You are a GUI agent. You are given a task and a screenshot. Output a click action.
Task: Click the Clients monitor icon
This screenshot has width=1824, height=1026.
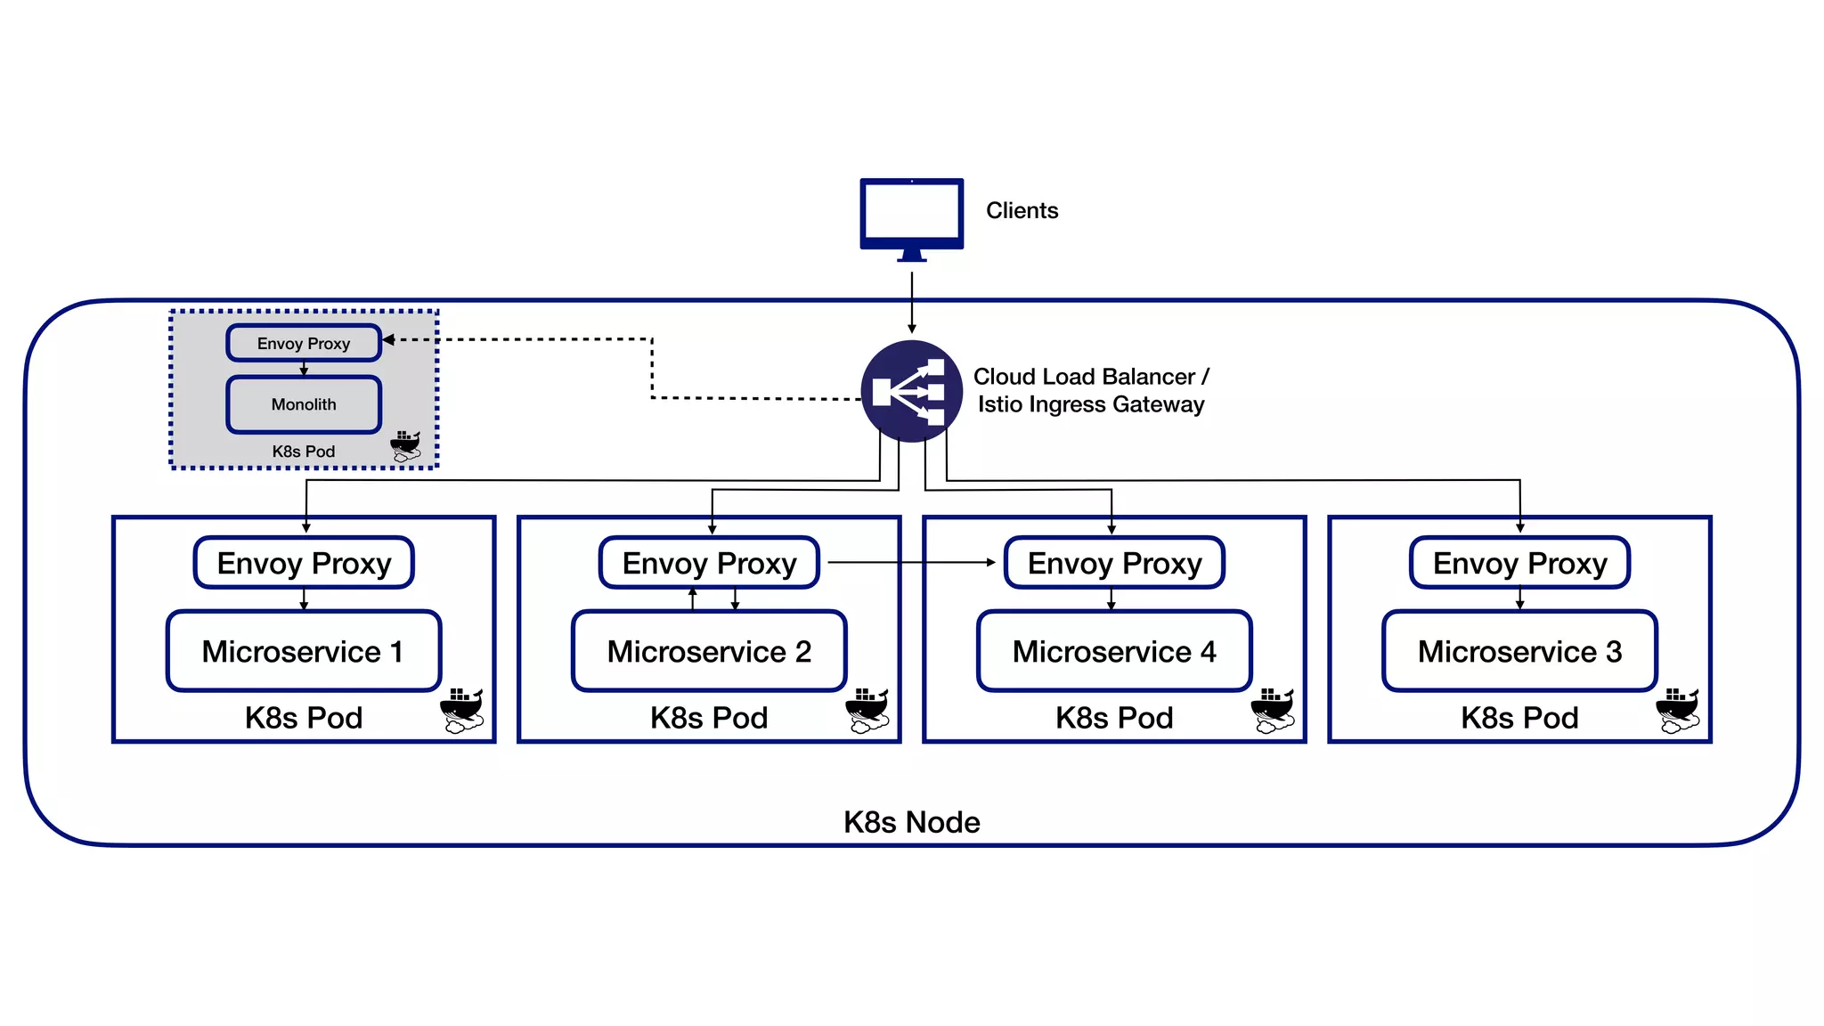pos(911,215)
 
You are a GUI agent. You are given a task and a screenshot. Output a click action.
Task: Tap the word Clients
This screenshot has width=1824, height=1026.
pos(1022,211)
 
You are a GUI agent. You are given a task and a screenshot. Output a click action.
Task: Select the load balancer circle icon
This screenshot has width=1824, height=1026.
pos(911,391)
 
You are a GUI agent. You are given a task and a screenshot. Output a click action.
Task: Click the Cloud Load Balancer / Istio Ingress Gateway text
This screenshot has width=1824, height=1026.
pos(1090,390)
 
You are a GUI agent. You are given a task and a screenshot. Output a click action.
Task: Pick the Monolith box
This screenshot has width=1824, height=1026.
pos(304,404)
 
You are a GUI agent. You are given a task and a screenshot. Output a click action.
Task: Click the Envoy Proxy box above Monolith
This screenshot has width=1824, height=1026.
pos(304,344)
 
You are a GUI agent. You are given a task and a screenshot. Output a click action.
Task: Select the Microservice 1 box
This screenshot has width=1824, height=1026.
pos(304,651)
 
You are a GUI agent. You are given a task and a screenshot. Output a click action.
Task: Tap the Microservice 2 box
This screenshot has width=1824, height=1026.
pos(709,651)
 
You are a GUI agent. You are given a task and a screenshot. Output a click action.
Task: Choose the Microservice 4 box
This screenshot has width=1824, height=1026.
pos(1114,651)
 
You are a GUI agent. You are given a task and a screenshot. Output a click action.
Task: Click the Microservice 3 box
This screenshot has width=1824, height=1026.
pos(1519,651)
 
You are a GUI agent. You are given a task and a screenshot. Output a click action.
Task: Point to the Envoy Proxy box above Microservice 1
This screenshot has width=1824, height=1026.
pos(304,563)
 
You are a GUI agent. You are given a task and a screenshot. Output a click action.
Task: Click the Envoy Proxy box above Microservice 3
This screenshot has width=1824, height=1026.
pos(1519,563)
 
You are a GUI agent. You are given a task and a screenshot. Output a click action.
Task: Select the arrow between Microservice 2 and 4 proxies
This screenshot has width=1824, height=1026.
pos(910,563)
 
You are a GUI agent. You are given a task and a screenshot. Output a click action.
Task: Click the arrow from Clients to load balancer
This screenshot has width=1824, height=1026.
pos(911,303)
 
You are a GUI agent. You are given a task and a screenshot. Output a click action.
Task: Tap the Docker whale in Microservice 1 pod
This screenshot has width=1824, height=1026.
pos(462,710)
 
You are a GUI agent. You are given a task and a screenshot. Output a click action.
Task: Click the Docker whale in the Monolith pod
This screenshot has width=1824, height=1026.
pos(405,446)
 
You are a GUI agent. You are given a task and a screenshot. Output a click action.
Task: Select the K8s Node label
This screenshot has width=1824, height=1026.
pos(911,822)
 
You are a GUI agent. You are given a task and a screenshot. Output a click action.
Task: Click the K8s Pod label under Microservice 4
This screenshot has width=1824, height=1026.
pos(1114,718)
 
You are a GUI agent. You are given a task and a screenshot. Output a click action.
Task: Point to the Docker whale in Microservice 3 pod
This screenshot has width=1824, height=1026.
pos(1678,710)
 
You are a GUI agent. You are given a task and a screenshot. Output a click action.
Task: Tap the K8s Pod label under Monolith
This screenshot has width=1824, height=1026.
pos(304,452)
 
